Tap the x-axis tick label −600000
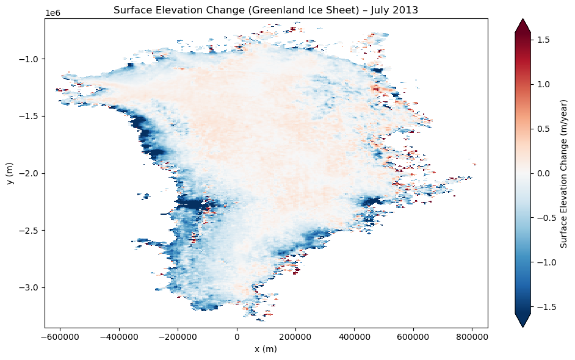[x=59, y=336]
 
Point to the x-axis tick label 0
[x=237, y=336]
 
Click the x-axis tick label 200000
[x=296, y=336]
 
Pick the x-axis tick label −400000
[x=118, y=336]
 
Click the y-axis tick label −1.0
[x=30, y=59]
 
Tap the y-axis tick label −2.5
[x=30, y=231]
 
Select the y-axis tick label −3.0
[x=30, y=288]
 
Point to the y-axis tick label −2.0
[x=30, y=174]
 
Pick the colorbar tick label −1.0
[x=541, y=262]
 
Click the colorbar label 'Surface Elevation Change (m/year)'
[x=565, y=173]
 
